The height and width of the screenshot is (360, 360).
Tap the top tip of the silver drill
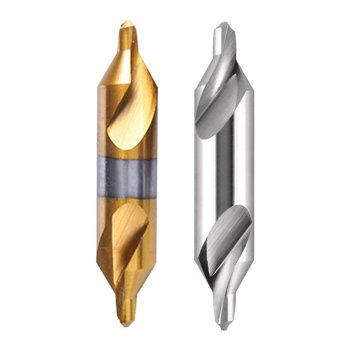pos(223,23)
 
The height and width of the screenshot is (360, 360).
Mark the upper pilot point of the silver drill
pos(223,38)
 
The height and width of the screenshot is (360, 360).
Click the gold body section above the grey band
pos(113,136)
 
